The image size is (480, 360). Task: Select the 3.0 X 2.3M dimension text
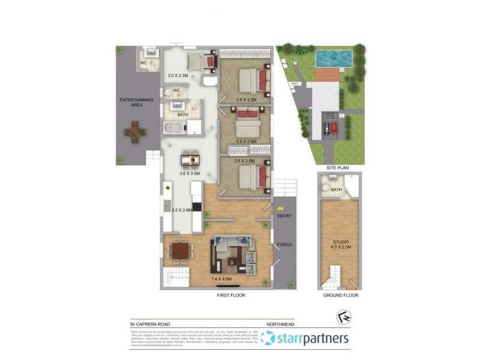(x=178, y=76)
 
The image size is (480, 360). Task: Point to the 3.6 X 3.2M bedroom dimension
(x=246, y=100)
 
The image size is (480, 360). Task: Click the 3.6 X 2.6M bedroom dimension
(x=246, y=142)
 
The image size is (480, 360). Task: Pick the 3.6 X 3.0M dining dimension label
(x=191, y=173)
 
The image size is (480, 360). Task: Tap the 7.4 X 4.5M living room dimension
(x=223, y=279)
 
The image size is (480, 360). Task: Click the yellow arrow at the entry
(x=281, y=208)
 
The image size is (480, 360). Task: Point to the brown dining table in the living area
(x=179, y=250)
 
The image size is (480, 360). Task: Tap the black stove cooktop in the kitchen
(x=196, y=209)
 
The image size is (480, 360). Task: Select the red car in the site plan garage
(x=334, y=128)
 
